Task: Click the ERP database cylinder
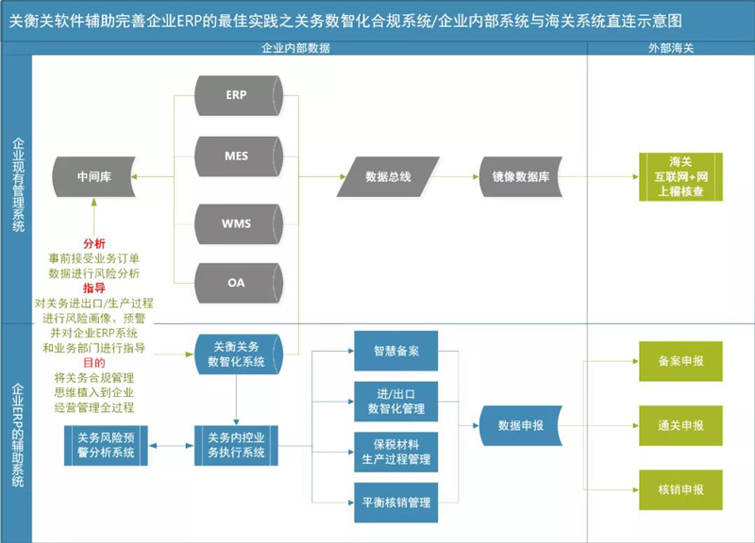click(x=237, y=96)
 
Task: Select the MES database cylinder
click(x=237, y=156)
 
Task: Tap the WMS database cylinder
click(x=237, y=223)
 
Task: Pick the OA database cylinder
click(x=237, y=283)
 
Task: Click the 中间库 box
click(x=94, y=176)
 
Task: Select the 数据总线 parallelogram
click(x=388, y=176)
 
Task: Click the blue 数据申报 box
click(x=521, y=425)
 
